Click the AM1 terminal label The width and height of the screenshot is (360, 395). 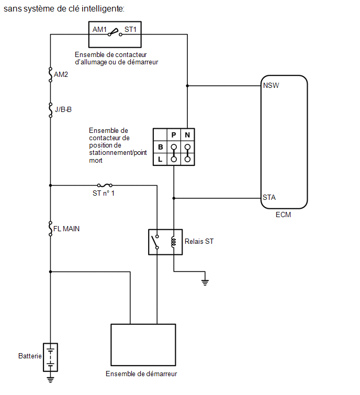click(x=99, y=29)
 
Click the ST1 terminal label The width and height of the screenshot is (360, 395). click(x=130, y=29)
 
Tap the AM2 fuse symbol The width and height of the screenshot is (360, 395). click(x=50, y=75)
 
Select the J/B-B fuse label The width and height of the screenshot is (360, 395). click(x=63, y=109)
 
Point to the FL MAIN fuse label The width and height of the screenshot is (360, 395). click(x=66, y=229)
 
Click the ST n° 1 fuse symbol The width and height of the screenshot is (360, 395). click(x=105, y=185)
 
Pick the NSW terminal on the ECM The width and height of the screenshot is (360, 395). click(x=271, y=86)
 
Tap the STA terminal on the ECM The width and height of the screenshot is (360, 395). click(x=269, y=197)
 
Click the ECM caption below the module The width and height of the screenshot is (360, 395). click(x=283, y=215)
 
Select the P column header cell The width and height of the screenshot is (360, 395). click(x=174, y=135)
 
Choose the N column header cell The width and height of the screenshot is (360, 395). click(x=187, y=135)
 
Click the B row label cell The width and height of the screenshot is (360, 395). click(x=160, y=147)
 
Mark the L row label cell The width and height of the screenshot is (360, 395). click(x=160, y=159)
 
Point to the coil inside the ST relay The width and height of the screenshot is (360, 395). click(x=173, y=242)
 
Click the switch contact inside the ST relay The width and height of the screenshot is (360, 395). click(x=155, y=242)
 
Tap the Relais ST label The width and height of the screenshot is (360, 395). click(x=199, y=241)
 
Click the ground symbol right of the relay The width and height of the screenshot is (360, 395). click(x=205, y=283)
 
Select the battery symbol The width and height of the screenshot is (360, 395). click(x=50, y=357)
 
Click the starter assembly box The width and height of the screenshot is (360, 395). click(x=143, y=345)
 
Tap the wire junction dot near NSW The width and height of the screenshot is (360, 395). click(x=187, y=86)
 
